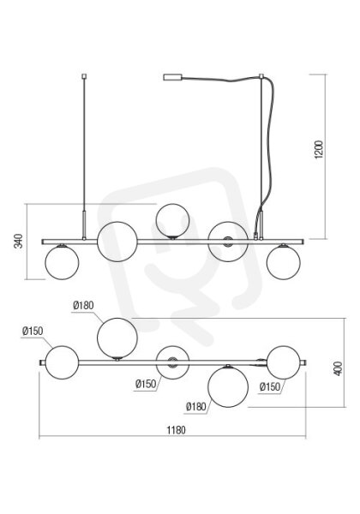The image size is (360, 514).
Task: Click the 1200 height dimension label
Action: tap(318, 149)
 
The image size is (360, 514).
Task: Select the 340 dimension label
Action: tap(19, 241)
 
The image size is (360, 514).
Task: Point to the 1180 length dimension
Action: tap(176, 430)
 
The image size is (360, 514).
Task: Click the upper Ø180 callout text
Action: tap(83, 306)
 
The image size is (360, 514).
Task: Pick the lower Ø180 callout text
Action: tap(196, 407)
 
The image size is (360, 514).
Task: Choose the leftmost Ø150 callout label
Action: tap(33, 331)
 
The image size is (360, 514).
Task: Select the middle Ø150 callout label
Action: tap(146, 384)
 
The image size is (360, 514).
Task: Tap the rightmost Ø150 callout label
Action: tap(270, 387)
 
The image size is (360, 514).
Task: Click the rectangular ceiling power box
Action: tap(172, 77)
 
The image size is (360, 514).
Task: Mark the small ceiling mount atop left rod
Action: tap(84, 76)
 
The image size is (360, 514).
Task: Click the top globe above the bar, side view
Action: tap(172, 220)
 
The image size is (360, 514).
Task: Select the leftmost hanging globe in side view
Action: tap(62, 262)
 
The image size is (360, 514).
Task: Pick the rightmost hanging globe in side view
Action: tap(283, 262)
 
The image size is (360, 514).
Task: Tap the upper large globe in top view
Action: tap(117, 338)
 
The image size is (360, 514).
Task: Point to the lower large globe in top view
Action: tap(228, 387)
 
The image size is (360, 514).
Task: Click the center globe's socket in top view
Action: tap(171, 362)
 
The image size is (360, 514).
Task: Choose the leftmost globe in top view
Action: tap(62, 362)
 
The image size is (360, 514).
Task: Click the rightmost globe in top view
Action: tap(283, 362)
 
